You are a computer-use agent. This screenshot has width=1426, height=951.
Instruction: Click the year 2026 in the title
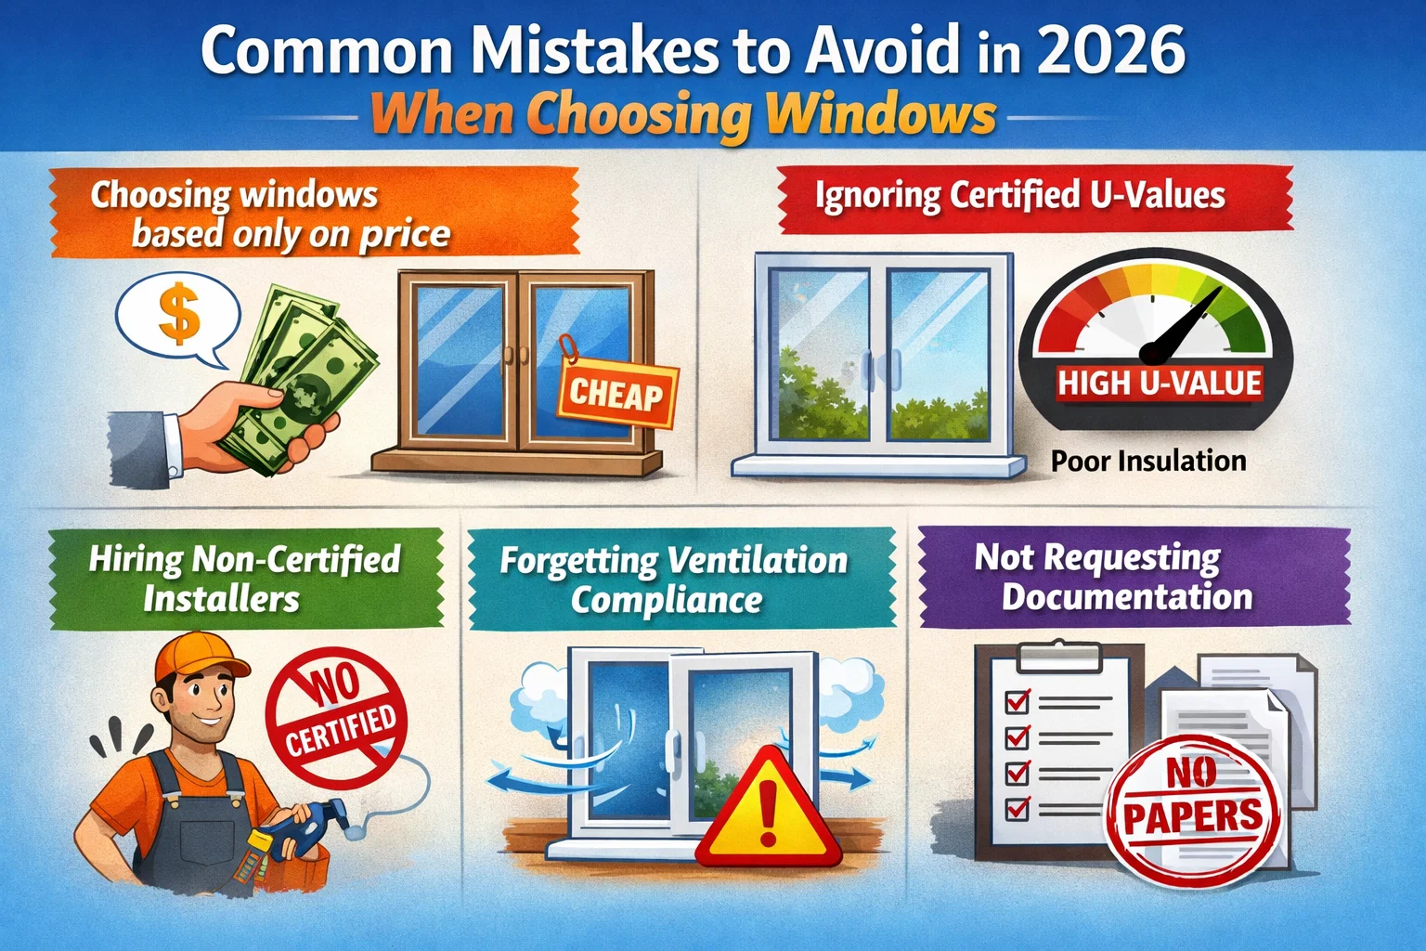click(x=1110, y=51)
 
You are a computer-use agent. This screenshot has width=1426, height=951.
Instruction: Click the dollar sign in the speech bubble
click(x=178, y=313)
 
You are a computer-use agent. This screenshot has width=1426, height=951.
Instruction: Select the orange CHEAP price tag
click(x=616, y=395)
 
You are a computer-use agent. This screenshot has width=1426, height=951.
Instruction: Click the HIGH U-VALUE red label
click(x=1160, y=384)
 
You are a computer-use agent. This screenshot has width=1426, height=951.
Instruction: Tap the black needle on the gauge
click(x=1179, y=330)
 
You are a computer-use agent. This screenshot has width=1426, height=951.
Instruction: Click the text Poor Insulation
click(x=1148, y=461)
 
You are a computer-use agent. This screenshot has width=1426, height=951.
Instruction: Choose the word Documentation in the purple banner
click(x=1127, y=597)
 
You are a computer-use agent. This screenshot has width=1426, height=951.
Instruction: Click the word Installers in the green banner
click(x=222, y=599)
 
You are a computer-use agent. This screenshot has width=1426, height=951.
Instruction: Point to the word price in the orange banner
click(x=405, y=236)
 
